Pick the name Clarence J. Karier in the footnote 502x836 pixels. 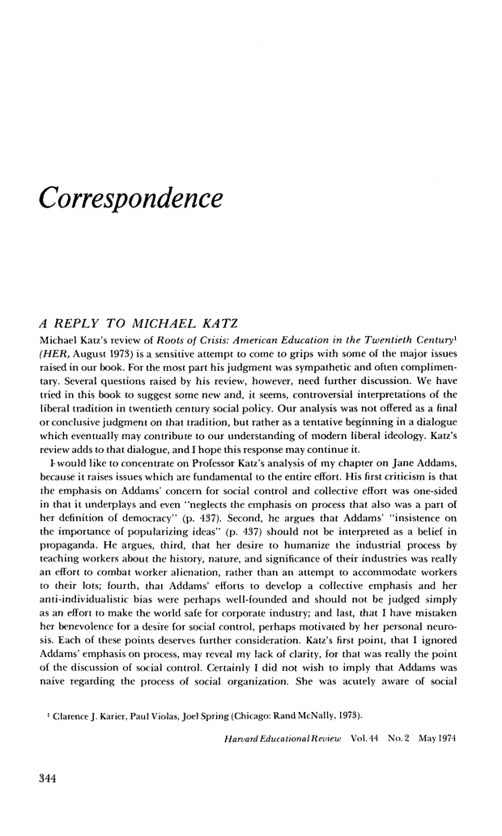point(83,714)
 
